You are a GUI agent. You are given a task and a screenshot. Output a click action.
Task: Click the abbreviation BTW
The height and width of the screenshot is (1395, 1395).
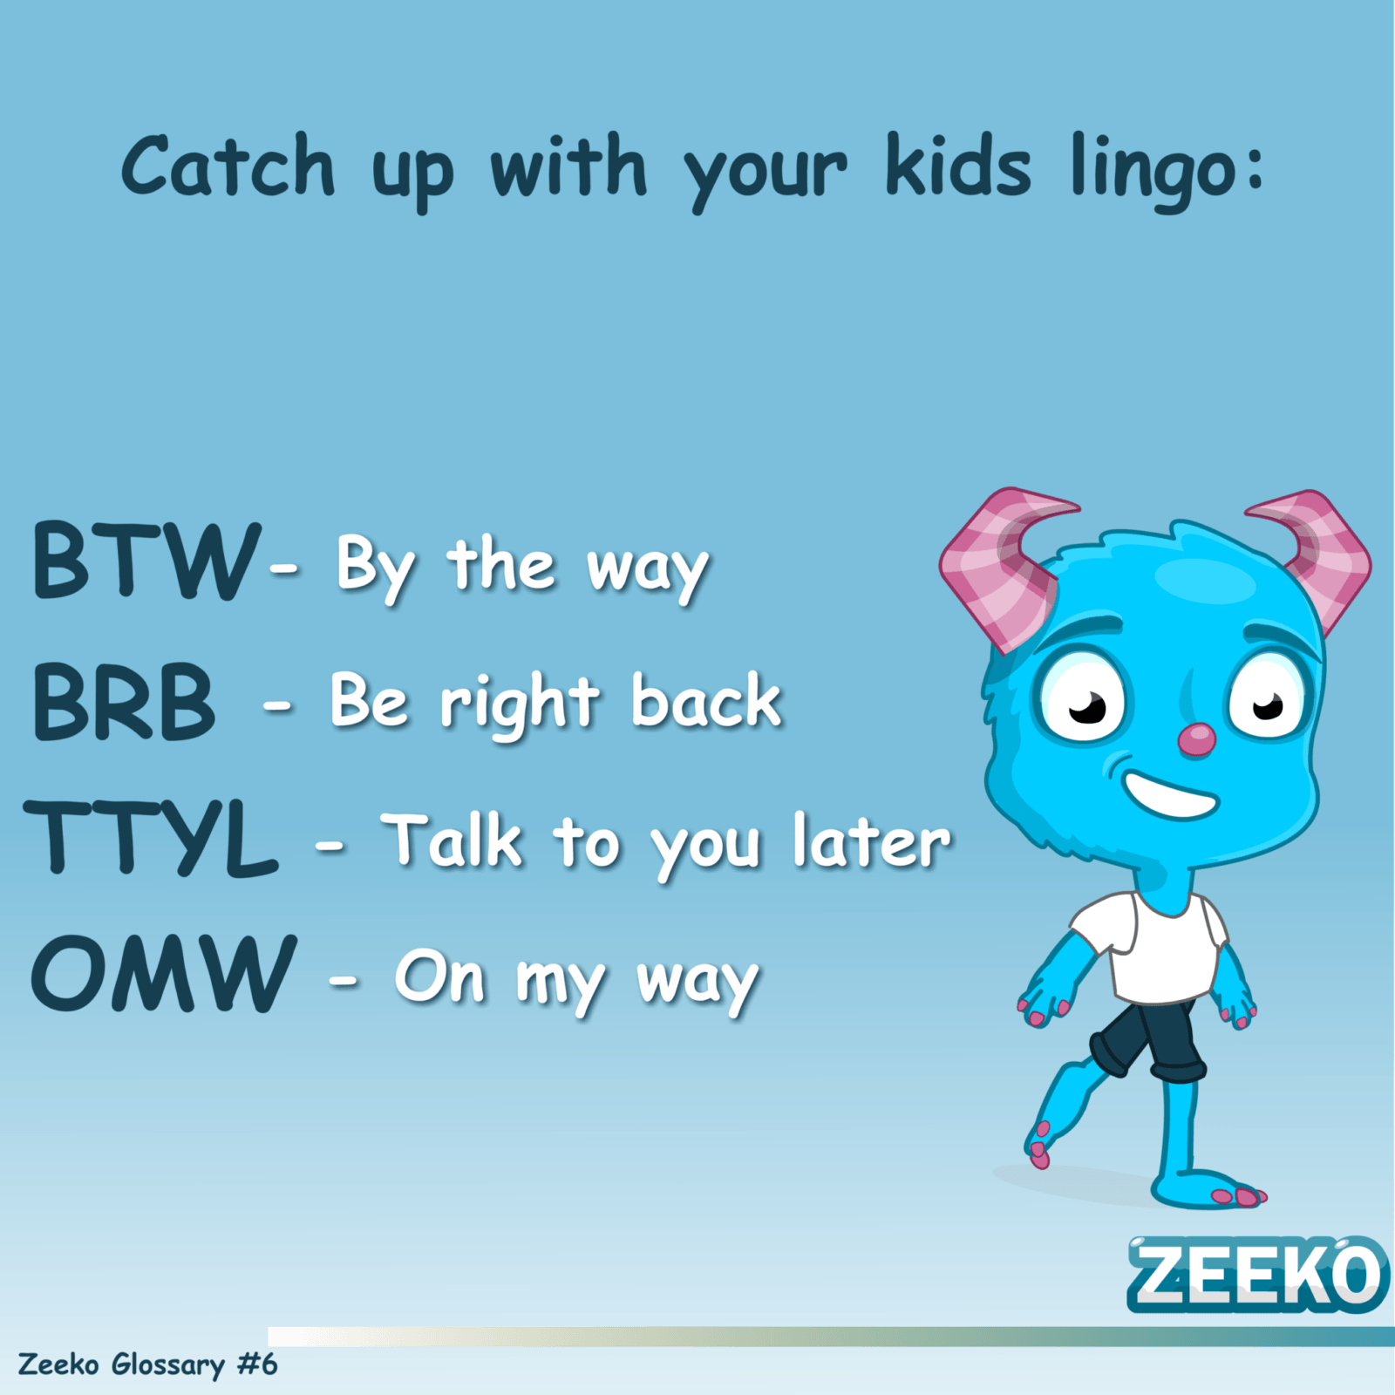point(146,560)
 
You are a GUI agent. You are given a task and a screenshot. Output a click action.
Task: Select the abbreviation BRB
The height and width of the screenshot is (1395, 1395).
point(124,701)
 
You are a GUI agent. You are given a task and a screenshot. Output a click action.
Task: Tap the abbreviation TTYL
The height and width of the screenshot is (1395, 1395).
point(152,838)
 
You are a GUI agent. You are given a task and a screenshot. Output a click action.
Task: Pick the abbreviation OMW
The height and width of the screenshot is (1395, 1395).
point(164,973)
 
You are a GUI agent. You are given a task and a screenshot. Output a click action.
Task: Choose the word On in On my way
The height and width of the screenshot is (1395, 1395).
point(439,976)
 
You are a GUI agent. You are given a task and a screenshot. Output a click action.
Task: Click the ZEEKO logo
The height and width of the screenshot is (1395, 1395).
point(1256,1274)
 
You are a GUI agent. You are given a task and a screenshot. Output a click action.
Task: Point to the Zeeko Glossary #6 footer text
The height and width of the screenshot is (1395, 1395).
point(147,1364)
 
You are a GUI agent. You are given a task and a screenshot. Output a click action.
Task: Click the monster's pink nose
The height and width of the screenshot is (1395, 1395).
point(1196,740)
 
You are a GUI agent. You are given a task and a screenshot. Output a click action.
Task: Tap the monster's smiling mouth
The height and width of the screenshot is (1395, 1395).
point(1169,793)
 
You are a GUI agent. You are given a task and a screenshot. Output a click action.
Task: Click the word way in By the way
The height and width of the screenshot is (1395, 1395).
point(647,572)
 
